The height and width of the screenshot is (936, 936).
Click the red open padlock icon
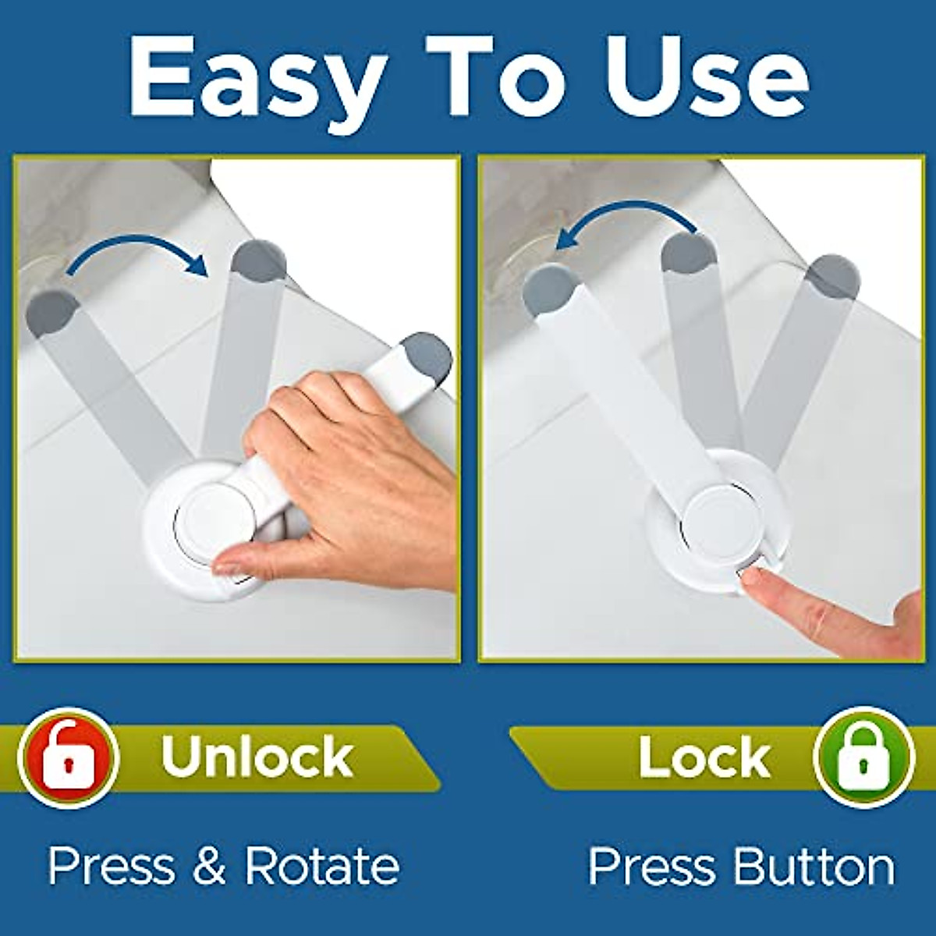(69, 757)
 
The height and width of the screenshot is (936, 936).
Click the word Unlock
(257, 756)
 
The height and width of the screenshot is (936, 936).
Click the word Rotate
(322, 866)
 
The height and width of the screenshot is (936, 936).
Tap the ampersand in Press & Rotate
(209, 866)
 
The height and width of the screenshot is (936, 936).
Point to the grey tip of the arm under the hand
(426, 357)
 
